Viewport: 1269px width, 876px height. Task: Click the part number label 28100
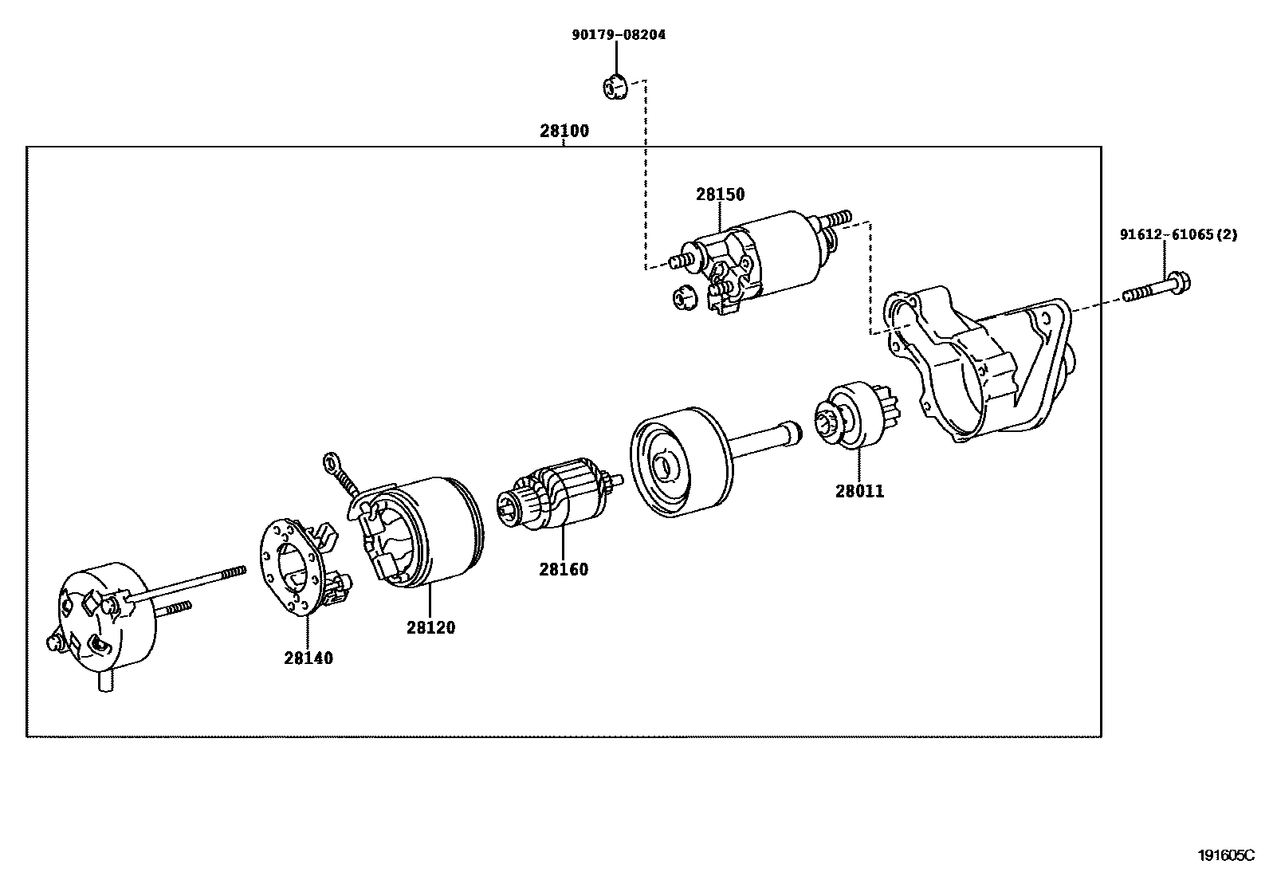[564, 131]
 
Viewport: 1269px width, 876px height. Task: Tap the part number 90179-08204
[619, 34]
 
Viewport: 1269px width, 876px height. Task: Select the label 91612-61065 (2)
[1178, 234]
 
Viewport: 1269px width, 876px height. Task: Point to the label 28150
[720, 194]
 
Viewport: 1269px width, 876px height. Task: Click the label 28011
[859, 491]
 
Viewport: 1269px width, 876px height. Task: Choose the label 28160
[564, 569]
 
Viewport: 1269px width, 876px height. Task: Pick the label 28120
[431, 627]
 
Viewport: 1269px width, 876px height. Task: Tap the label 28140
[308, 658]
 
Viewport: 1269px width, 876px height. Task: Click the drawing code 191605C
[1226, 855]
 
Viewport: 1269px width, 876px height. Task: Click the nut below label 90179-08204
[615, 87]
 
